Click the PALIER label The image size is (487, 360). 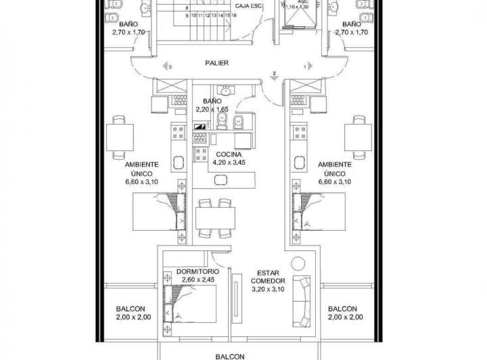[217, 63]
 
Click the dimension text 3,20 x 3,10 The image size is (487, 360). [269, 288]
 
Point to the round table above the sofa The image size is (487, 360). [295, 265]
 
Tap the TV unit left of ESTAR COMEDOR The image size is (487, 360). [236, 296]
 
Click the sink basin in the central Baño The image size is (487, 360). [221, 121]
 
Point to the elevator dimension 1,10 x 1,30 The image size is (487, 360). [296, 7]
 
